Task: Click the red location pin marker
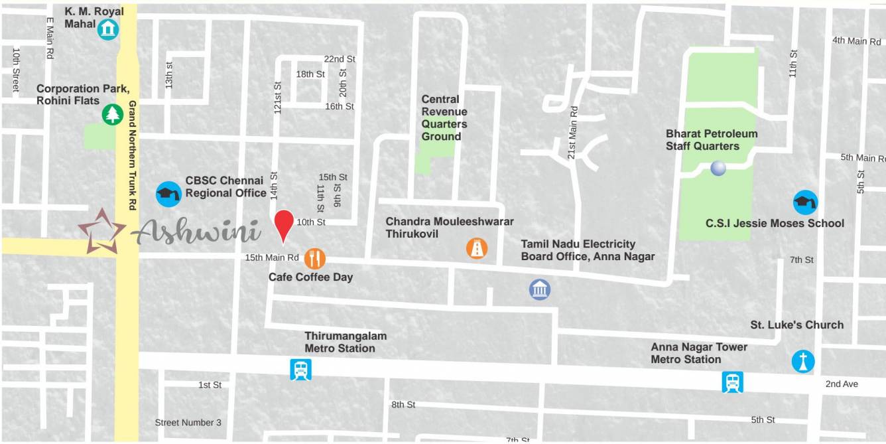tap(284, 223)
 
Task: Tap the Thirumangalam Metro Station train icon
tap(300, 369)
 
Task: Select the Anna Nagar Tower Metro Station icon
tap(732, 382)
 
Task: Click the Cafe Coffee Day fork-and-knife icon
tap(315, 258)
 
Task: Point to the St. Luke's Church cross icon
tap(803, 362)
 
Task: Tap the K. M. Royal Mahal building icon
tap(107, 29)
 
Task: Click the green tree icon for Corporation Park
tap(113, 115)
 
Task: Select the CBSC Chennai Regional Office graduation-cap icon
tap(168, 194)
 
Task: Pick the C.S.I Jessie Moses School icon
tap(805, 202)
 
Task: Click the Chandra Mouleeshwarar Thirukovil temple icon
tap(477, 248)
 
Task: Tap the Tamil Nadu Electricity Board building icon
tap(540, 289)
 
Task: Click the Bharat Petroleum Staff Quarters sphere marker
tap(718, 169)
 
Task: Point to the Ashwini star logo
tap(101, 231)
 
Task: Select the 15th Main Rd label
tap(272, 258)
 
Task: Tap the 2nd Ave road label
tap(842, 384)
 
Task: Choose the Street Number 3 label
tap(188, 423)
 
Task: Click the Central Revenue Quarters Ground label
tap(444, 118)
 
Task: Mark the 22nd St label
tap(340, 59)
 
